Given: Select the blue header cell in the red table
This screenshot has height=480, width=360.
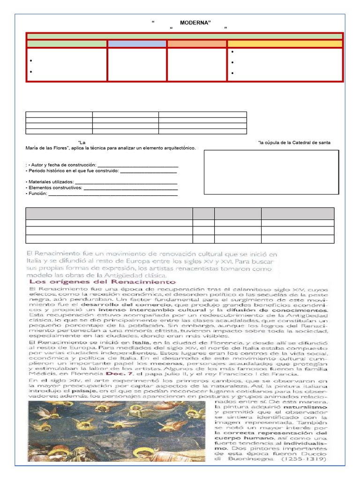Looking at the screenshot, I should point(137,44).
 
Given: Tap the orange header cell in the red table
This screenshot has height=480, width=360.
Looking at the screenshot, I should point(197,44).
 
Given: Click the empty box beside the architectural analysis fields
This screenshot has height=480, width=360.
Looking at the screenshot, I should point(271,172).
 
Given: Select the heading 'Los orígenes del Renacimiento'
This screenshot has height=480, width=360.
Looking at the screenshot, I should point(102,282).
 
